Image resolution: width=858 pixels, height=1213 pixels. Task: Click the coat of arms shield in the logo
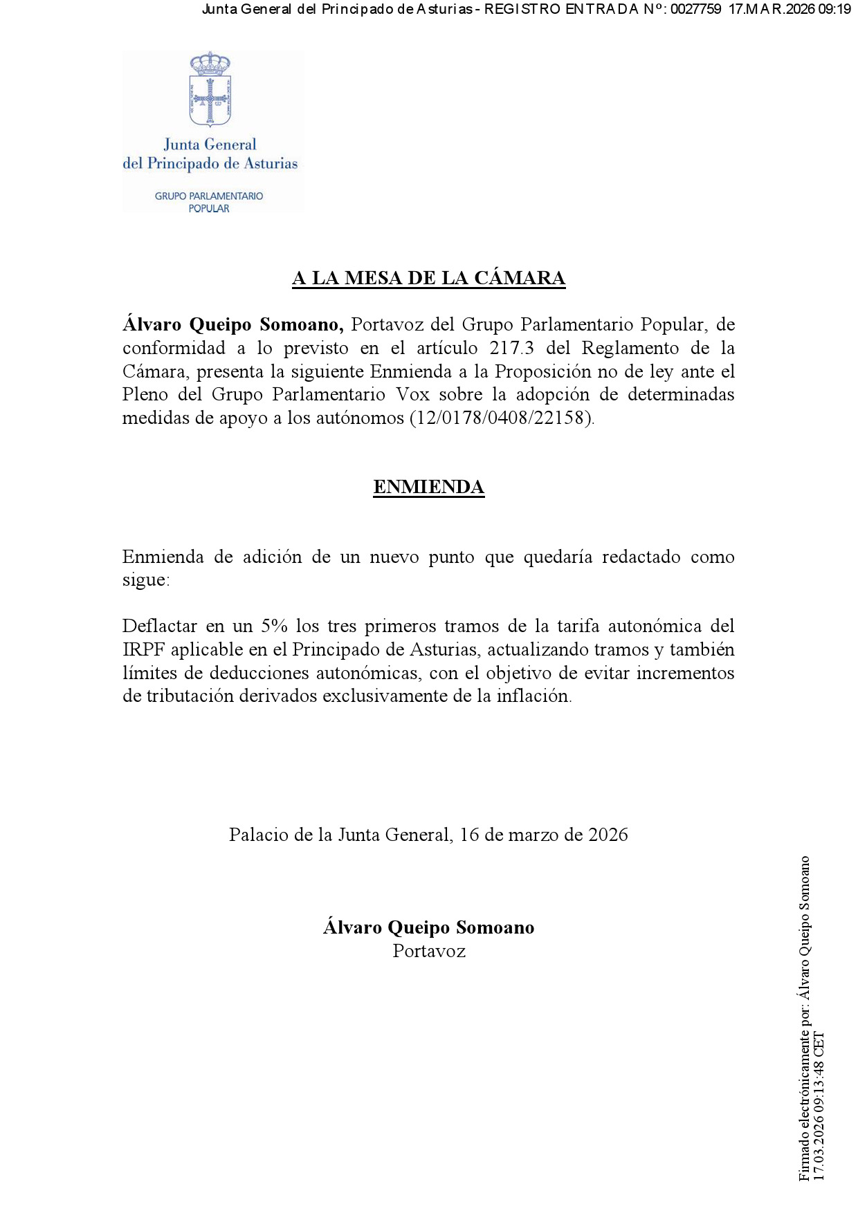pos(210,101)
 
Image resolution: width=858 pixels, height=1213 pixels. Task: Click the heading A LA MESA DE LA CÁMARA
pos(428,278)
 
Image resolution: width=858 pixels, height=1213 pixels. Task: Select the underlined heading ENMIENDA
pos(428,487)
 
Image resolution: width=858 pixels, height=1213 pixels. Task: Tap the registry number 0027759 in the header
pos(695,9)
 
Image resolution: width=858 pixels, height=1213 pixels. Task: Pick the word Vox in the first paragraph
pos(412,394)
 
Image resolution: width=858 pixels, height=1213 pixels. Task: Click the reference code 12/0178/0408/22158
pos(501,418)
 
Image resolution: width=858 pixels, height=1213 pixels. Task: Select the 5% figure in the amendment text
pos(274,626)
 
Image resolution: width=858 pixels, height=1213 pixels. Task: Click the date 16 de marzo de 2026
pos(543,835)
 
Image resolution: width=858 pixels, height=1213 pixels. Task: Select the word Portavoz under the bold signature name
pos(429,951)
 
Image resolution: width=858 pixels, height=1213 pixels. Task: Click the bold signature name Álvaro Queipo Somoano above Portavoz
pos(428,927)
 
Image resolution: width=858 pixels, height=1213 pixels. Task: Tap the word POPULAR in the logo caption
pos(209,208)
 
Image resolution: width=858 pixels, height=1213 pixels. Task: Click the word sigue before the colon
pos(144,580)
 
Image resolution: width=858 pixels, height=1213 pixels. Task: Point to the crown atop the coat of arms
pos(210,64)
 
